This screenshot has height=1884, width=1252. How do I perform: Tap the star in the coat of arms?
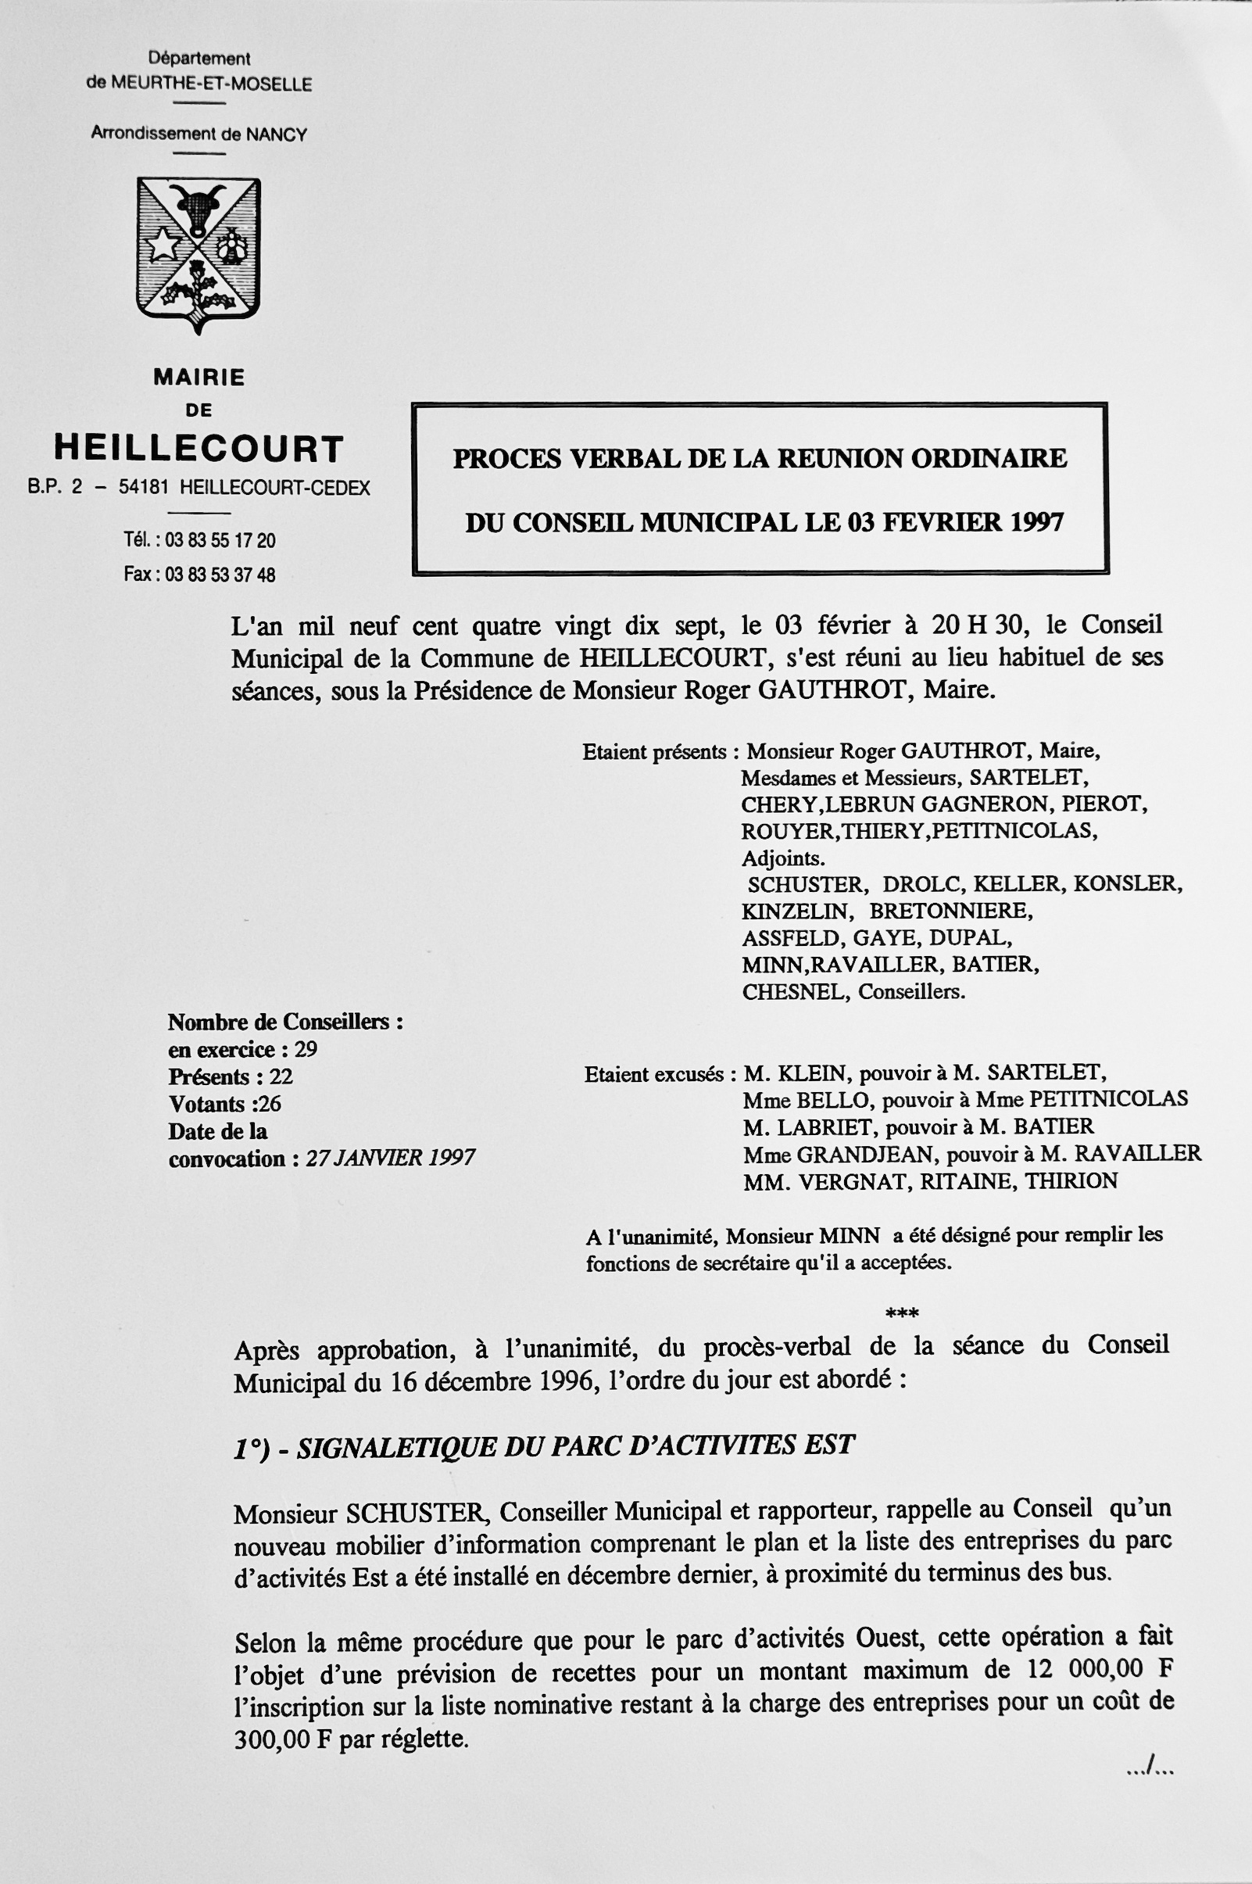tap(163, 244)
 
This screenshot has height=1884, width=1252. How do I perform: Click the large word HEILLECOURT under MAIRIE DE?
tap(199, 449)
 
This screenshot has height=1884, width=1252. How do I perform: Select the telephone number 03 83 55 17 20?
tap(220, 541)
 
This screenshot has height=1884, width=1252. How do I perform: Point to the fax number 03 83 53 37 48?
tap(220, 575)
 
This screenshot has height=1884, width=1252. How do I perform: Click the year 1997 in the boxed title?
tap(1036, 522)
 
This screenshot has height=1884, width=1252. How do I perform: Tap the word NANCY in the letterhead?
tap(277, 134)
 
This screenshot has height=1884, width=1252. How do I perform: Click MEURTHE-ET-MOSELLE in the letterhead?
tap(211, 84)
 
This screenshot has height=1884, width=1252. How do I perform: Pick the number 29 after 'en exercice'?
tap(306, 1049)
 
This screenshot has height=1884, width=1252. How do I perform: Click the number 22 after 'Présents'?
tap(281, 1076)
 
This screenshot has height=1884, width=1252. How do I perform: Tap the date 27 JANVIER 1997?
tap(391, 1158)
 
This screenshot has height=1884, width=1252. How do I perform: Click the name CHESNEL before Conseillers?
tap(793, 992)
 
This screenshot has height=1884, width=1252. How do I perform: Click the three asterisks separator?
tap(903, 1313)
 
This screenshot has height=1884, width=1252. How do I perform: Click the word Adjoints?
tap(783, 858)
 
